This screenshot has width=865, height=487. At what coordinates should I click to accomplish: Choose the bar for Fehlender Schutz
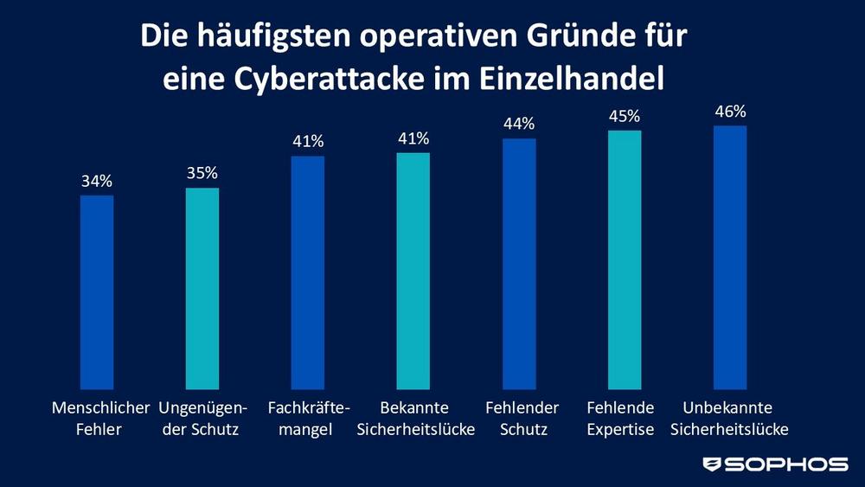(x=519, y=263)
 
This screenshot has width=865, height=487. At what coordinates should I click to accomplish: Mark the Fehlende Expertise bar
(x=625, y=260)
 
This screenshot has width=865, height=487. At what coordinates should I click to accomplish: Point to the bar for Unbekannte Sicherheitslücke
(x=730, y=257)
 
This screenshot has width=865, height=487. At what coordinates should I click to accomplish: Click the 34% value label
(x=97, y=182)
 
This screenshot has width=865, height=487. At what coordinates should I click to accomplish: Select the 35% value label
(x=202, y=174)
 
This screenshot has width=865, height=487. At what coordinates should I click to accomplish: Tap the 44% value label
(x=519, y=125)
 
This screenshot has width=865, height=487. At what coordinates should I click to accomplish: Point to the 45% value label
(x=625, y=117)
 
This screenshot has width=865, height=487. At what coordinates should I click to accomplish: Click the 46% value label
(x=730, y=112)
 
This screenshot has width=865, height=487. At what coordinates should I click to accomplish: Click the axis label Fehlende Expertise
(x=620, y=418)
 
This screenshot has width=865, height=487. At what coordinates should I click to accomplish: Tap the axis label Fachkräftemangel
(x=308, y=418)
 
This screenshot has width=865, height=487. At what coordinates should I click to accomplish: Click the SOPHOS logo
(x=776, y=464)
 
